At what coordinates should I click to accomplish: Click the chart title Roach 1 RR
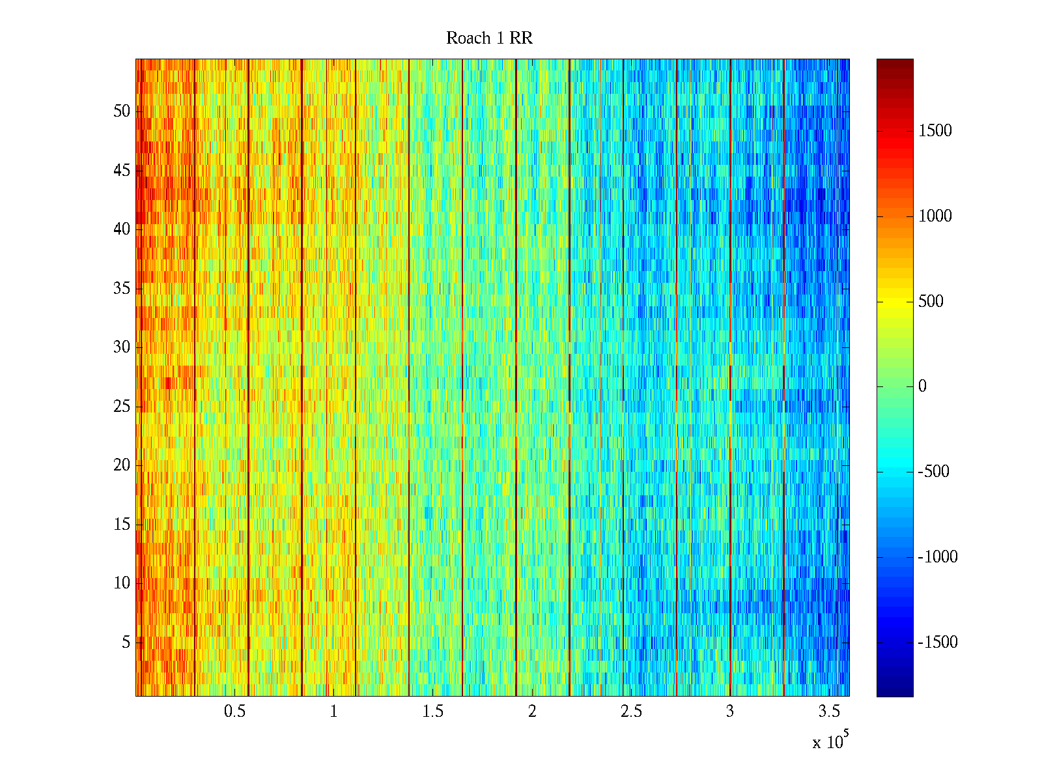coord(489,38)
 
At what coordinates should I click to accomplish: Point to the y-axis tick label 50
coord(122,111)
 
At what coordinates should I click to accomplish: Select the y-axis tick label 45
coord(122,171)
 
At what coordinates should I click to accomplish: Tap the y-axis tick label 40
coord(122,229)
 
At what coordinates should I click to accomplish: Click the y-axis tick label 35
coord(122,289)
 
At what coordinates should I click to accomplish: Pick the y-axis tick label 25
coord(122,407)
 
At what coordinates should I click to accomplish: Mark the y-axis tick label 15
coord(122,525)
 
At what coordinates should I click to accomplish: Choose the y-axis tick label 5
coord(126,643)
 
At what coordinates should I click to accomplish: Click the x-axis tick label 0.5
coord(234,712)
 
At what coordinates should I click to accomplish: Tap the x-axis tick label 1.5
coord(433,712)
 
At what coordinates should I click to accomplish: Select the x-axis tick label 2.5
coord(631,712)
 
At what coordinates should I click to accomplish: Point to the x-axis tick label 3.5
coord(829,712)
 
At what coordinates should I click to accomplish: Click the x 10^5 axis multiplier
coord(830,742)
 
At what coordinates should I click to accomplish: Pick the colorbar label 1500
coord(935,131)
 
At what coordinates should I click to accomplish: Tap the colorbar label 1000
coord(935,216)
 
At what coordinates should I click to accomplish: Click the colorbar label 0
coord(922,386)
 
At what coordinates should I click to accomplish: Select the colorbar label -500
coord(933,472)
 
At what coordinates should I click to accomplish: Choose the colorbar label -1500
coord(938,643)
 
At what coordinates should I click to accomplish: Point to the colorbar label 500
coord(931,302)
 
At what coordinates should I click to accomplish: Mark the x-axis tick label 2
coord(532,712)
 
